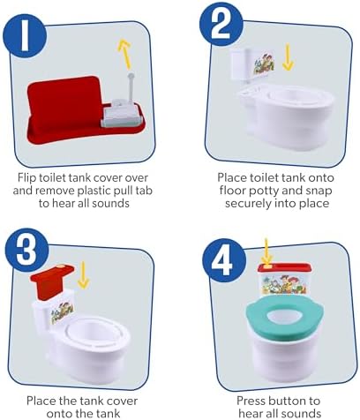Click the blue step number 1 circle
pos(25,36)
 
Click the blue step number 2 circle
pos(221,24)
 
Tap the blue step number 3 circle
pos(26,250)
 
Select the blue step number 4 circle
pos(224,260)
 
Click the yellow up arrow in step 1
pos(124,54)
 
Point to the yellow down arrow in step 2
pos(288,57)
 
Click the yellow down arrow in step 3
pos(84,274)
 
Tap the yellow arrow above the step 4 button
pos(266,250)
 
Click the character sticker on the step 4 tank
pos(284,284)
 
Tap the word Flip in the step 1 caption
pos(26,178)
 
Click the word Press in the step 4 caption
pos(251,401)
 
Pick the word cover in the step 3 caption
pos(121,401)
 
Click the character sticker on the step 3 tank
pos(62,313)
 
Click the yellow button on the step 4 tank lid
pos(266,266)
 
